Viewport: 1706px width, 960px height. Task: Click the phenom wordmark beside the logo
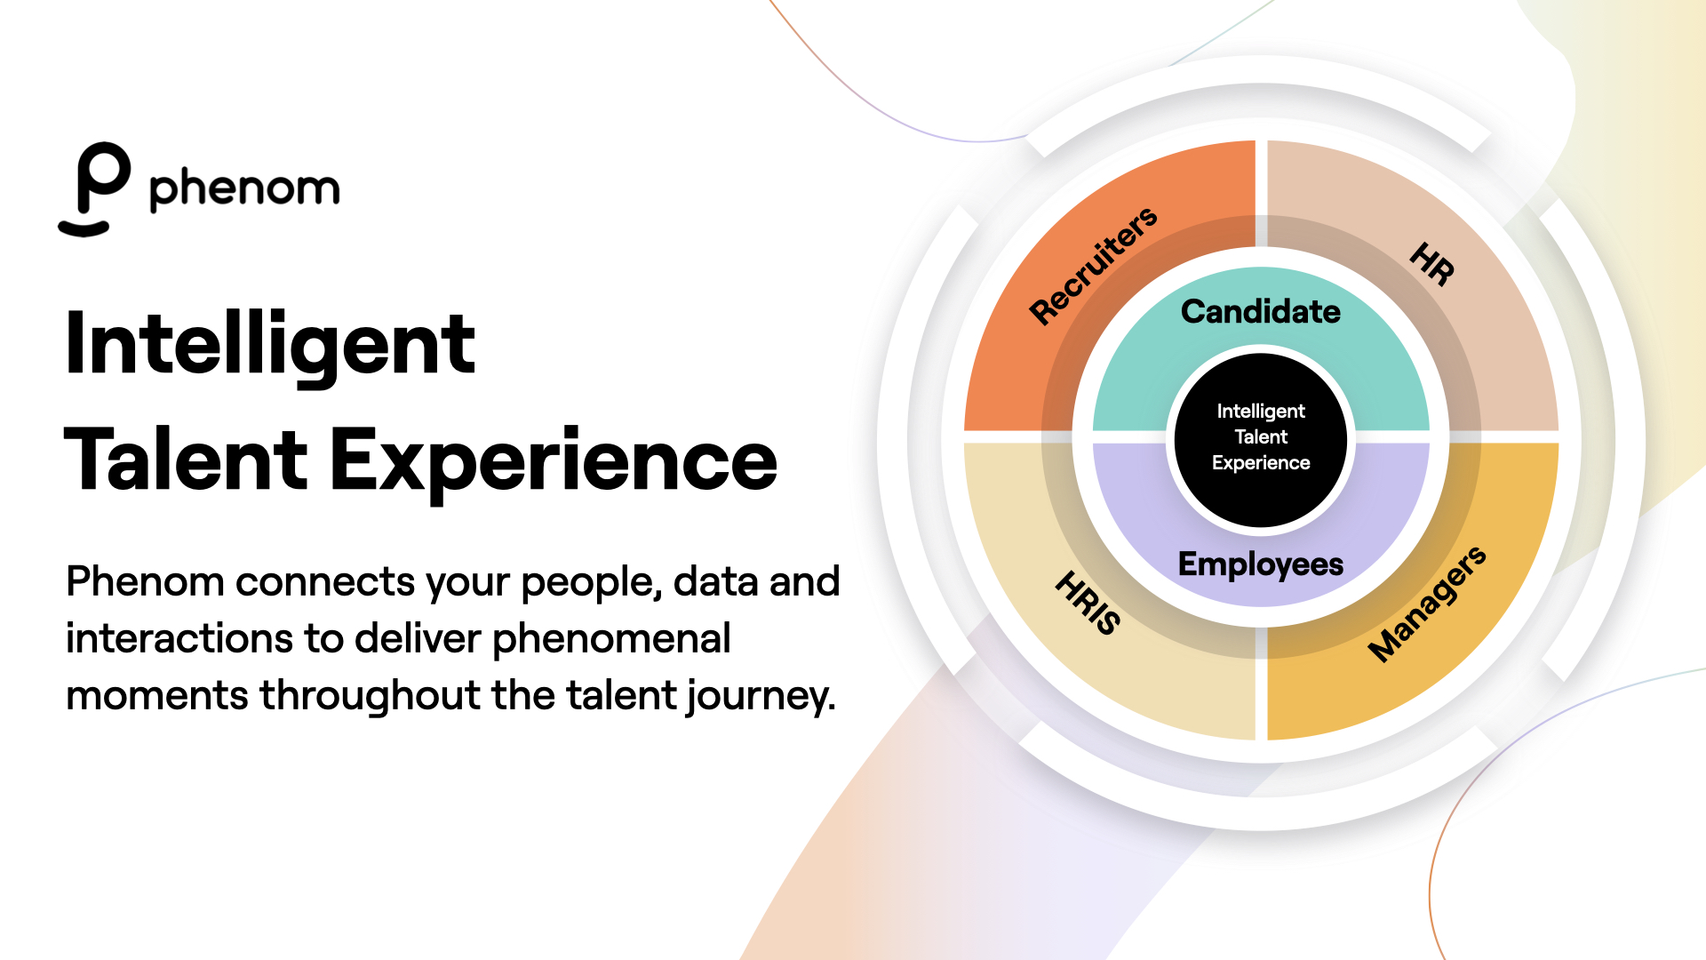pyautogui.click(x=244, y=188)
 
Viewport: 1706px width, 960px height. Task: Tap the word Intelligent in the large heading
pyautogui.click(x=270, y=345)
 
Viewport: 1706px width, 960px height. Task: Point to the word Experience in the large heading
pyautogui.click(x=554, y=461)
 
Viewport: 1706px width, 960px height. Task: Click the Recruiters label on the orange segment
pyautogui.click(x=1093, y=265)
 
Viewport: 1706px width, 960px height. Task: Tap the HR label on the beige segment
pyautogui.click(x=1432, y=264)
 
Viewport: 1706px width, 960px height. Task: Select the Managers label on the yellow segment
pyautogui.click(x=1427, y=604)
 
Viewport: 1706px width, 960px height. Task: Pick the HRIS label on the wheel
pyautogui.click(x=1088, y=603)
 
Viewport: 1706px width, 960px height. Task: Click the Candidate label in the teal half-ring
pyautogui.click(x=1260, y=311)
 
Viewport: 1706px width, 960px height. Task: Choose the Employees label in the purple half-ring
pyautogui.click(x=1260, y=564)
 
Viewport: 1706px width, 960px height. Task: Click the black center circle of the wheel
pyautogui.click(x=1260, y=437)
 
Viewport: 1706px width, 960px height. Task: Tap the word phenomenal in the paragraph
pyautogui.click(x=611, y=638)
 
